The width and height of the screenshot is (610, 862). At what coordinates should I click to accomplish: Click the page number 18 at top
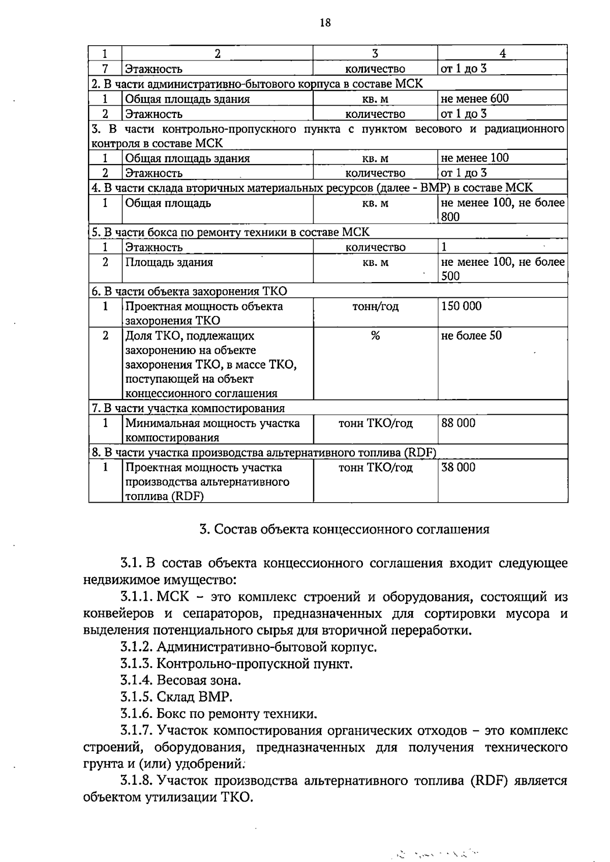325,22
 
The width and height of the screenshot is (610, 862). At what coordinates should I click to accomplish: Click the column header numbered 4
502,53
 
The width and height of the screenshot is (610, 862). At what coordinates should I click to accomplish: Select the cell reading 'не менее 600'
475,99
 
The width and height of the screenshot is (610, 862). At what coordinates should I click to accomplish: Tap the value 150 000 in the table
462,306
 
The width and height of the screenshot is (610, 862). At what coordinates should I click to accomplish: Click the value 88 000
459,423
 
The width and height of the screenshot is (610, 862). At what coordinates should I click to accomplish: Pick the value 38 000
459,467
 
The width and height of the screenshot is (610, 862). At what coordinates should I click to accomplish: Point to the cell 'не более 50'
472,335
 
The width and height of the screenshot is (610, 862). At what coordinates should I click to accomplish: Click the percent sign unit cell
375,335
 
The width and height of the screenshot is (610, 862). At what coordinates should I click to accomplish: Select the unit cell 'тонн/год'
375,306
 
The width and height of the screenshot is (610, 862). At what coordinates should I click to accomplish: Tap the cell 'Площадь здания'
169,262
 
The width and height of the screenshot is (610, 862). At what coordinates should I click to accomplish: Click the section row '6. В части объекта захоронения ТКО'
189,291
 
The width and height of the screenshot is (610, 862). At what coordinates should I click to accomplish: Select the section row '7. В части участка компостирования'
188,408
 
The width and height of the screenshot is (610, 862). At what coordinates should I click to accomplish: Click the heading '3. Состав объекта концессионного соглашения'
344,529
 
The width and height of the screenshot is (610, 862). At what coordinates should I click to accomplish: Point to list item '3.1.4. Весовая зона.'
180,680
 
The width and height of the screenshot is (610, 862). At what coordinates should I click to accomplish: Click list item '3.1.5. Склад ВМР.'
176,697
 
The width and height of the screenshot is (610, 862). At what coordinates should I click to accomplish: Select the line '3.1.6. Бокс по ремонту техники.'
219,714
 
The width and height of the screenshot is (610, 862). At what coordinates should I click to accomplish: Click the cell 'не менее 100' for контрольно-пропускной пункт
475,158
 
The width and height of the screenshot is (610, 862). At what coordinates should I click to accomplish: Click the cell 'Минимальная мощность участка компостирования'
212,430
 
